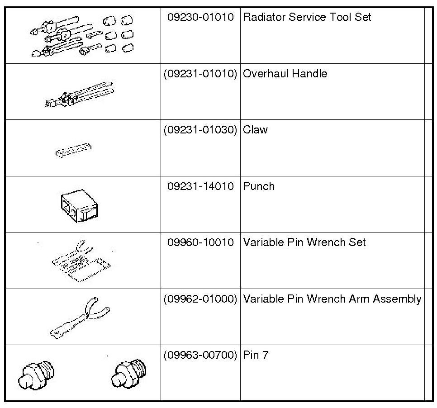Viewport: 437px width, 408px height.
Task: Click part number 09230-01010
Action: [200, 18]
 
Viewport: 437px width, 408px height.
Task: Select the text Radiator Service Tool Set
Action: [307, 18]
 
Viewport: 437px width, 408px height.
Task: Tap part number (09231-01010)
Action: [200, 74]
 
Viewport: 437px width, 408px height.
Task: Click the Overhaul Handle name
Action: [285, 74]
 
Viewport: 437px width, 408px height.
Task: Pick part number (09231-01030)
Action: [200, 130]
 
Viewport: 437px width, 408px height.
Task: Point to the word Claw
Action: [255, 130]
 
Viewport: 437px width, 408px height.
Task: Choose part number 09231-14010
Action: [200, 186]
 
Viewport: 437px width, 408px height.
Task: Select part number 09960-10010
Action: [200, 242]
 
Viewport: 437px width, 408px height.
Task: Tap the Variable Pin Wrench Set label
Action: [304, 242]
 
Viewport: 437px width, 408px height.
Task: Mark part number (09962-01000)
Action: [200, 299]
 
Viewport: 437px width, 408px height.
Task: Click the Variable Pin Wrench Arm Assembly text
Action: [332, 299]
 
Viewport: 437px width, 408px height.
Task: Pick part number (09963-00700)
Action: [200, 355]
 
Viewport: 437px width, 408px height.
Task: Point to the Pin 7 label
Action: [256, 355]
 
